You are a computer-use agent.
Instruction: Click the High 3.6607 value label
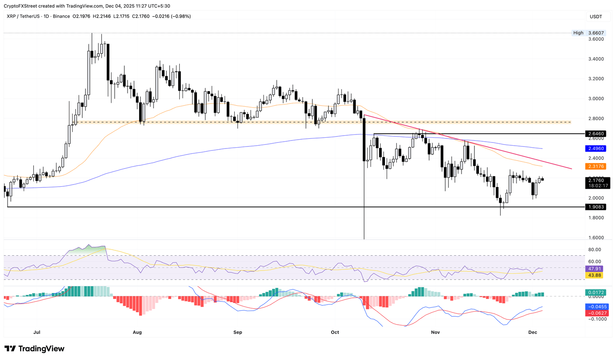[x=596, y=33]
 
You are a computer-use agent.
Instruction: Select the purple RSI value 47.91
[x=595, y=269]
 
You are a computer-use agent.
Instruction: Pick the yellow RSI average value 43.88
[x=595, y=275]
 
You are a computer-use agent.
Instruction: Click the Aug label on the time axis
[x=137, y=332]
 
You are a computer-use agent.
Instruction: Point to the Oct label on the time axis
[x=335, y=332]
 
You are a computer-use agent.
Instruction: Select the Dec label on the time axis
[x=533, y=332]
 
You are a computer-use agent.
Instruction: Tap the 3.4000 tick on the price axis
[x=596, y=59]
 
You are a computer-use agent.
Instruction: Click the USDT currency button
[x=596, y=16]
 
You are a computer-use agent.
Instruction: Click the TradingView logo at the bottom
[x=34, y=349]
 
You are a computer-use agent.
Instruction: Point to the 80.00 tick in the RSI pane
[x=595, y=250]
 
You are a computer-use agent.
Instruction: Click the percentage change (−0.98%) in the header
[x=180, y=16]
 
